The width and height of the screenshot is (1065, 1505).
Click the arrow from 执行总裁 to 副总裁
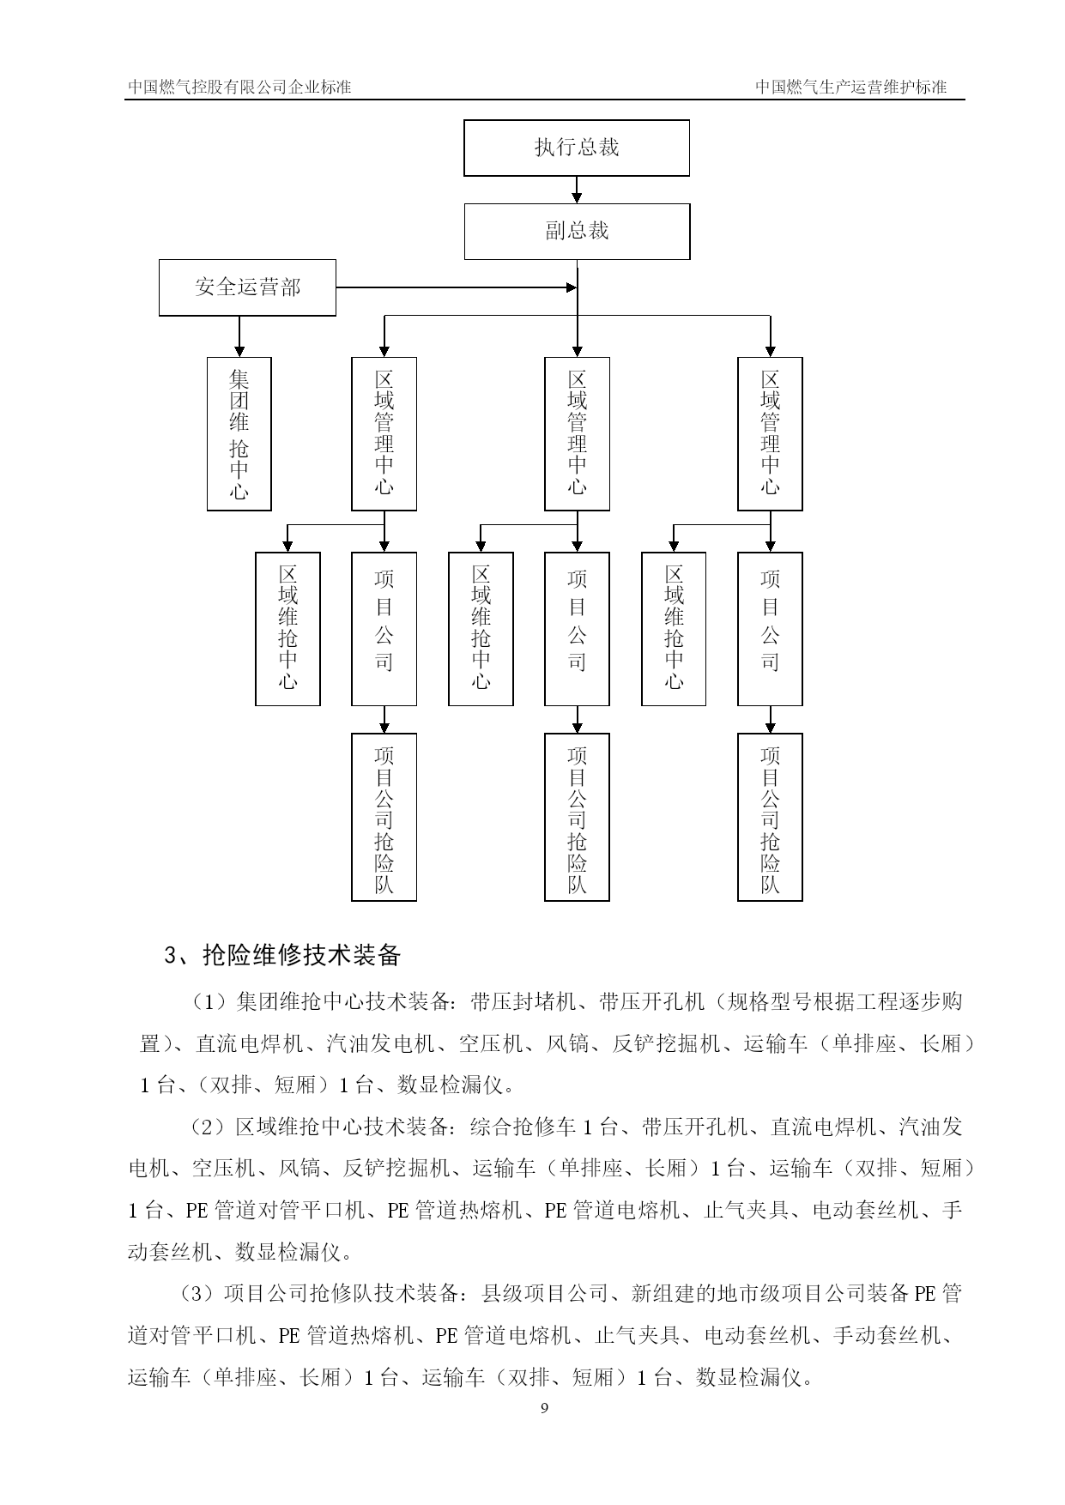tap(577, 190)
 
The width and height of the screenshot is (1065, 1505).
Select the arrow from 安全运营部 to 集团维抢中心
tap(239, 336)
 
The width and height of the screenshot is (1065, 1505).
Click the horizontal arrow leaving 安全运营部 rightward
tap(457, 287)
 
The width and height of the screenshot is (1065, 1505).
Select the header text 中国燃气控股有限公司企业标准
tap(239, 87)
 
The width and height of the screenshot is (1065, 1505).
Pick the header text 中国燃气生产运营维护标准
tap(850, 87)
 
